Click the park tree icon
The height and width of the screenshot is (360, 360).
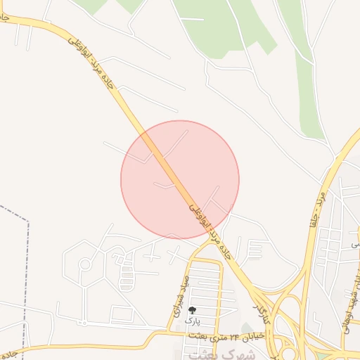192,309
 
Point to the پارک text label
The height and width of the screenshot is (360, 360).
192,320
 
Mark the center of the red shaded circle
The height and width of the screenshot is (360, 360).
180,179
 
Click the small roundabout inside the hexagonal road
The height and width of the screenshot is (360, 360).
85,264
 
